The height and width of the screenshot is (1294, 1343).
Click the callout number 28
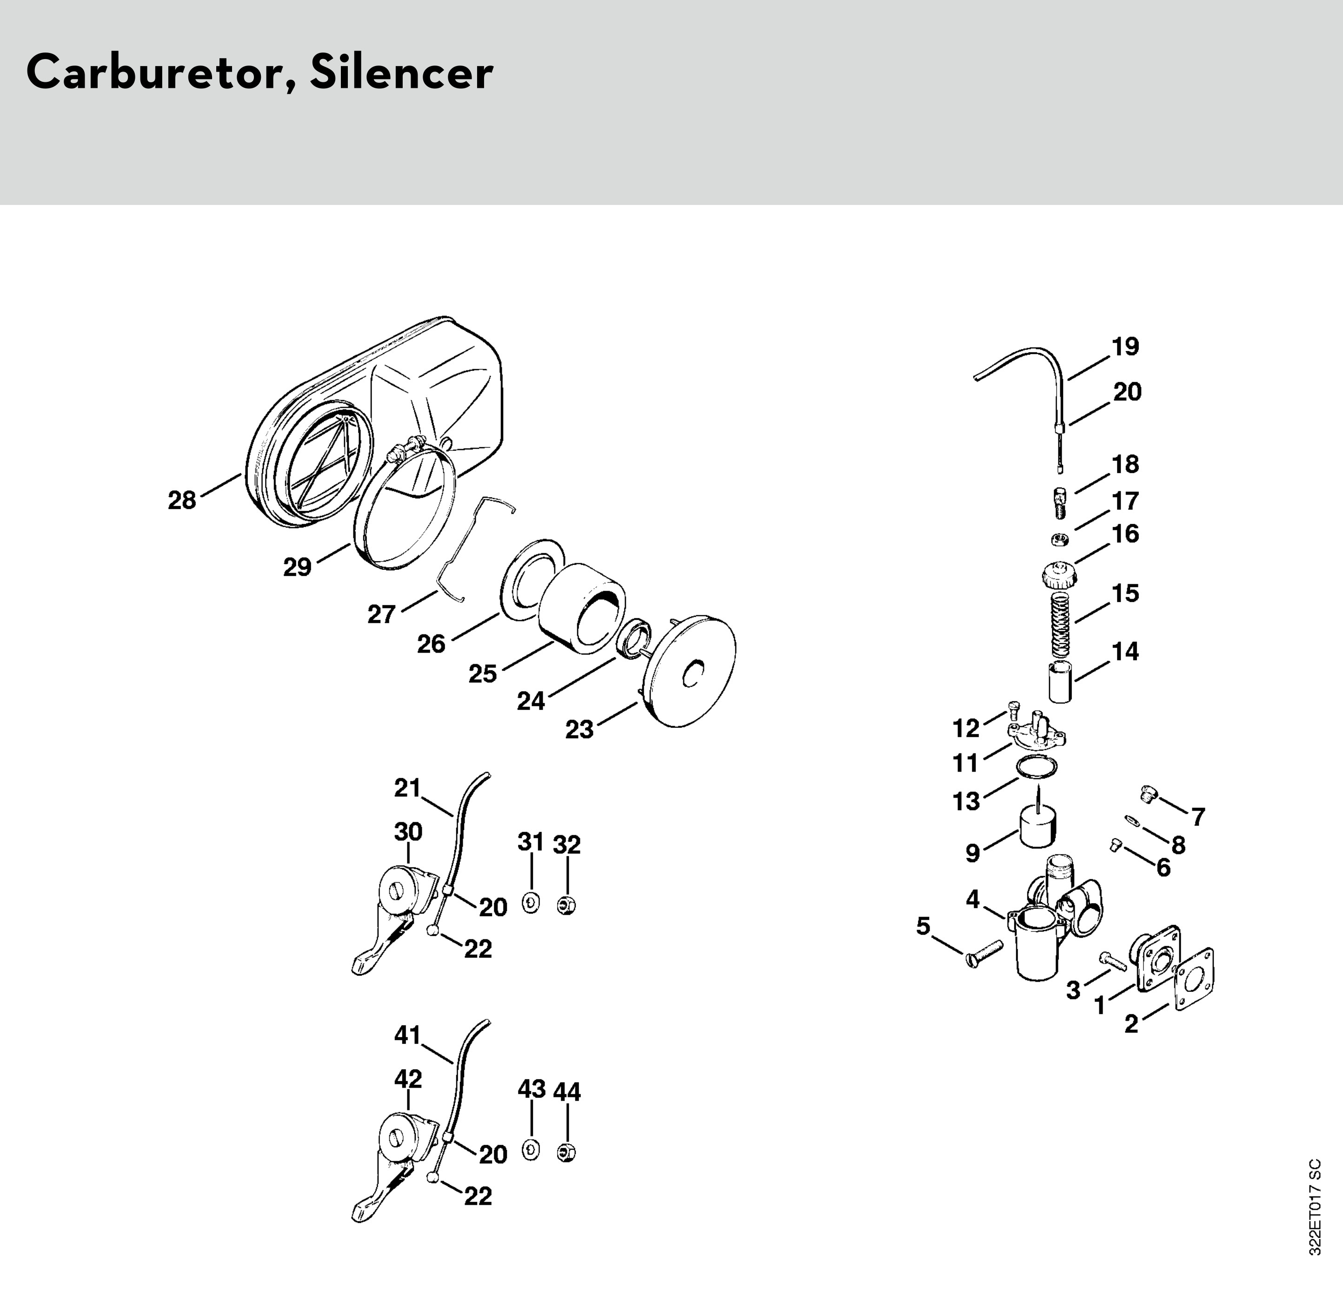tap(182, 501)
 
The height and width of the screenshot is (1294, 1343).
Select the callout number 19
tap(1125, 347)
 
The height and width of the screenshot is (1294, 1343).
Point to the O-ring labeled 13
tap(1036, 767)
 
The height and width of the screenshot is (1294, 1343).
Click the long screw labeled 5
tap(987, 954)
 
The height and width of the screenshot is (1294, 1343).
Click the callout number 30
tap(408, 832)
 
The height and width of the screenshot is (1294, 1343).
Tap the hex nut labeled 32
tap(567, 905)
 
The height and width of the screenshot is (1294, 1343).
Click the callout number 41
tap(408, 1035)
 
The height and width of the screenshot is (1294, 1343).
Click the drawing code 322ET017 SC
tap(1313, 1216)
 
